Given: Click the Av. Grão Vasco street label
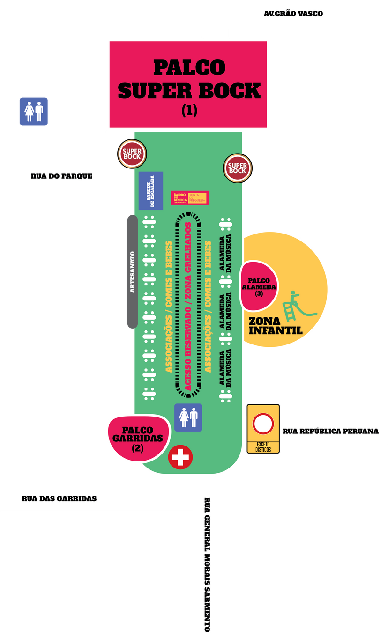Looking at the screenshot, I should pyautogui.click(x=293, y=14).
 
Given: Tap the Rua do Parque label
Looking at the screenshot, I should pyautogui.click(x=61, y=176).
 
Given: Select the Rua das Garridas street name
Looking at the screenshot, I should pyautogui.click(x=59, y=498).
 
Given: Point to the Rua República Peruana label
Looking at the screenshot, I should pyautogui.click(x=330, y=431).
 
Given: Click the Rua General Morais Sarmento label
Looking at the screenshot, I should pyautogui.click(x=207, y=564).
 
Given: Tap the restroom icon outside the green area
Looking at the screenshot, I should pyautogui.click(x=34, y=112).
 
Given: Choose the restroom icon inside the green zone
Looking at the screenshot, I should pyautogui.click(x=188, y=417).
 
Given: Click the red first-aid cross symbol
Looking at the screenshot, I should pyautogui.click(x=180, y=457).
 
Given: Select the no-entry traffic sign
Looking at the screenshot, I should pyautogui.click(x=263, y=424).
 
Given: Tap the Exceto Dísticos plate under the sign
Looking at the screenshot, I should pyautogui.click(x=263, y=446).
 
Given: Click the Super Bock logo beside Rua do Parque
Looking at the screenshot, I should pyautogui.click(x=132, y=154).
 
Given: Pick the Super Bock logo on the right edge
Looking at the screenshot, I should pyautogui.click(x=238, y=168).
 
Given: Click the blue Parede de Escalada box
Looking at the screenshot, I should pyautogui.click(x=151, y=191).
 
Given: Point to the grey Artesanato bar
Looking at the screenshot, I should pyautogui.click(x=132, y=271).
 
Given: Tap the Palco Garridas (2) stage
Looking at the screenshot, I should pyautogui.click(x=138, y=439).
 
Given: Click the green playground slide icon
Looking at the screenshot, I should pyautogui.click(x=298, y=306).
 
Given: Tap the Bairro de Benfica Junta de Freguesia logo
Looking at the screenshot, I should pyautogui.click(x=189, y=198).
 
